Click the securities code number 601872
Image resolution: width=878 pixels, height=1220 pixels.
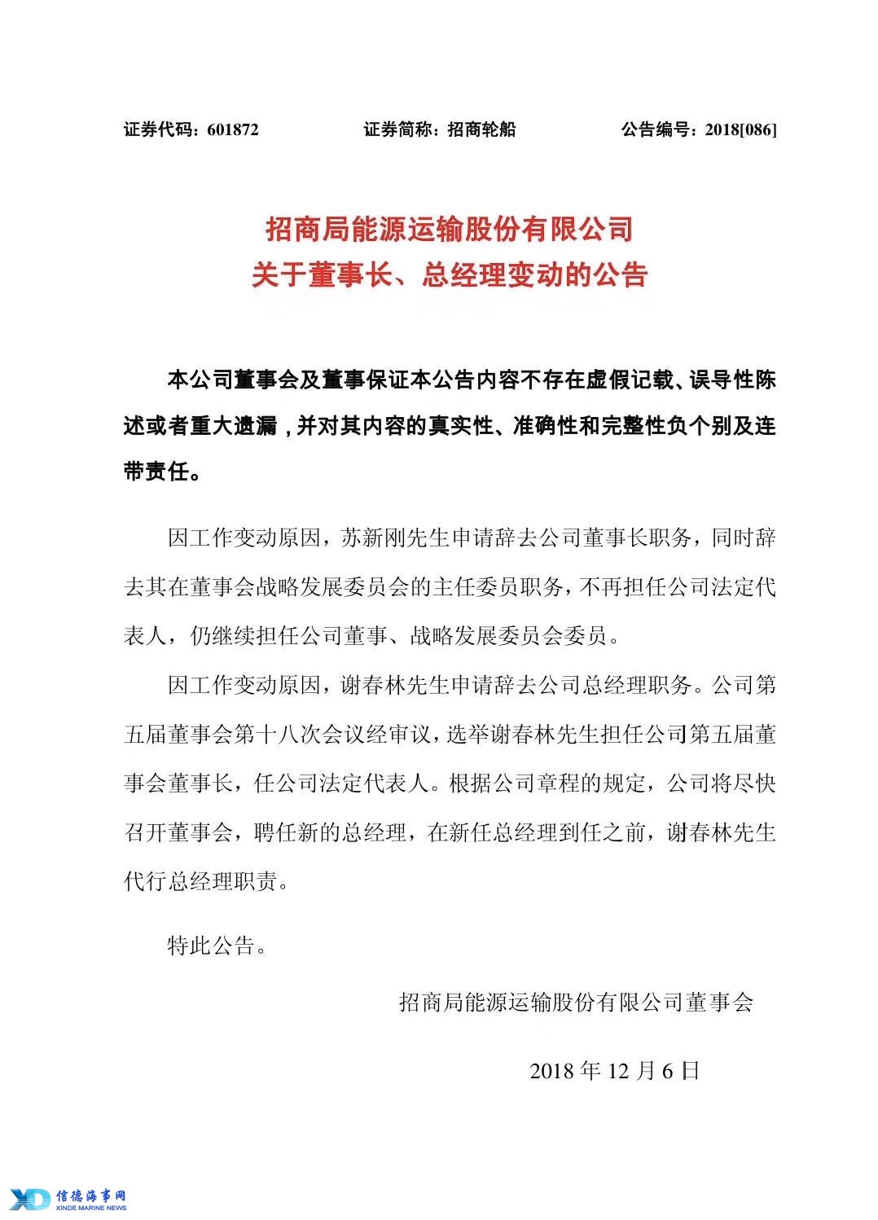233,129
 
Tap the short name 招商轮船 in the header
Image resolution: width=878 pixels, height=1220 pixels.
481,129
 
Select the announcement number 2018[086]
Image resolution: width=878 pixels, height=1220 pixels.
741,129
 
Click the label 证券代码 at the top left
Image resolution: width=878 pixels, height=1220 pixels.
157,129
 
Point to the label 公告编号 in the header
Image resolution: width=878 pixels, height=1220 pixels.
656,129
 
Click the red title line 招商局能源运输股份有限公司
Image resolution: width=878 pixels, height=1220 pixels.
450,230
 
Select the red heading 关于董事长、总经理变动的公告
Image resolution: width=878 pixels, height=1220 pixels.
450,275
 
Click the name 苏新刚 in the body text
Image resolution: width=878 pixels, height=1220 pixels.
374,539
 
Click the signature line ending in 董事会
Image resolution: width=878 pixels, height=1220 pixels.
576,1002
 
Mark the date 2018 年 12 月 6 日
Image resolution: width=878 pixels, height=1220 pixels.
614,1070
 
